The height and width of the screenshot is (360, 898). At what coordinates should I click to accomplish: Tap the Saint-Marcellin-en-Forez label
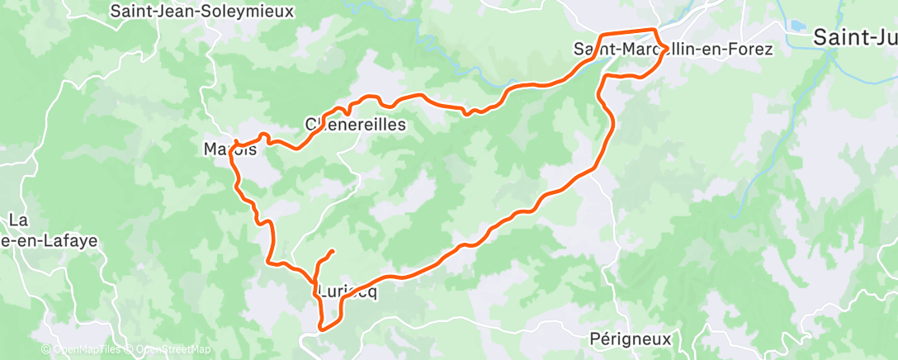pyautogui.click(x=673, y=50)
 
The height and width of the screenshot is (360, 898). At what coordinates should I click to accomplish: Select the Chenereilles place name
pyautogui.click(x=356, y=125)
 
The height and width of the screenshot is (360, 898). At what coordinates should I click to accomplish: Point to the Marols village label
pyautogui.click(x=229, y=151)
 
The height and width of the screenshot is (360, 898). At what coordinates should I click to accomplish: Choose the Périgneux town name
pyautogui.click(x=631, y=339)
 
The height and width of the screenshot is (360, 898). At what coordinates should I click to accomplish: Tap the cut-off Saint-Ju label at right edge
pyautogui.click(x=855, y=37)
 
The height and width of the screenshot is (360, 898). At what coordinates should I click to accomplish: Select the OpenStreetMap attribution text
pyautogui.click(x=174, y=350)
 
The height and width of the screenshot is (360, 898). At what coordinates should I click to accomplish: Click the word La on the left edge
pyautogui.click(x=18, y=220)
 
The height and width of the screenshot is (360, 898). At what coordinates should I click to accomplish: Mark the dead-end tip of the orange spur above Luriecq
pyautogui.click(x=332, y=250)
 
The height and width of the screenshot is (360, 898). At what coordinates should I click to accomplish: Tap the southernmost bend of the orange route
pyautogui.click(x=322, y=328)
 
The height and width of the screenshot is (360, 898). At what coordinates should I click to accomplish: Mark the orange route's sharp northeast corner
pyautogui.click(x=657, y=31)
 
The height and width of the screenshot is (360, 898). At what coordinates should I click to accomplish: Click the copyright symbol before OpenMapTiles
pyautogui.click(x=46, y=350)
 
